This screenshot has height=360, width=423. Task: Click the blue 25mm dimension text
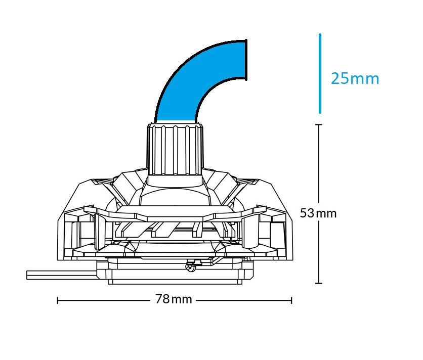(355, 79)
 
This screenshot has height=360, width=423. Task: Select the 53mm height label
(318, 213)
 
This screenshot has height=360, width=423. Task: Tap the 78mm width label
(174, 299)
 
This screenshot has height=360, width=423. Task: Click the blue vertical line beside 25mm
(320, 73)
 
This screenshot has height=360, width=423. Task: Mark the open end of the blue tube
(246, 60)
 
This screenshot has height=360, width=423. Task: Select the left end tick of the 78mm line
(58, 300)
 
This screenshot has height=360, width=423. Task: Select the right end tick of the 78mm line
(291, 300)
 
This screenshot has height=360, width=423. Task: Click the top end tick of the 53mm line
(319, 125)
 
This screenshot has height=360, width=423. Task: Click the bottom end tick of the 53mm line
(319, 283)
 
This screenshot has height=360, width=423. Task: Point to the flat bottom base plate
(180, 280)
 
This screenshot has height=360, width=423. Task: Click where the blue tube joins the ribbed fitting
(175, 121)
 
